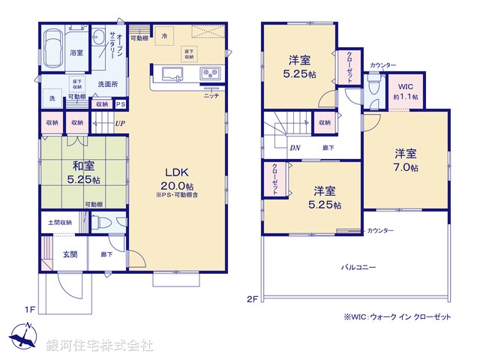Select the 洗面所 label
pos(108,85)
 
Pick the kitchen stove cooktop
pos(210,73)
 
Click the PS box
pos(120,105)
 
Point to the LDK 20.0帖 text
pos(177,179)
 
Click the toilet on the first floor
pos(104,223)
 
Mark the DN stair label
pos(295,148)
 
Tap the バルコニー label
pos(359,267)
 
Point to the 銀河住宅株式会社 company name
pos(100,346)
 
